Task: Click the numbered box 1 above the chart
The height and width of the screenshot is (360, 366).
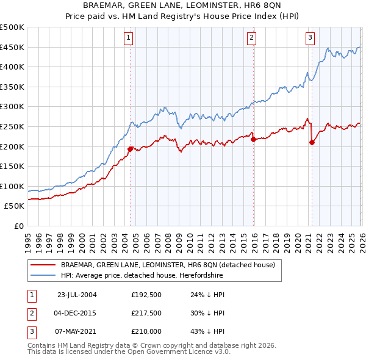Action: click(x=129, y=38)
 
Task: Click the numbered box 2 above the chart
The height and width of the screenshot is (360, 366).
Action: click(x=251, y=38)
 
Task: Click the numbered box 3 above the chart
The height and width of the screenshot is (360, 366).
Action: click(x=310, y=38)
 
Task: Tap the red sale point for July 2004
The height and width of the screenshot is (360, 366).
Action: click(x=130, y=148)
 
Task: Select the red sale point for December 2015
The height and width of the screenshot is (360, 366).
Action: click(x=253, y=139)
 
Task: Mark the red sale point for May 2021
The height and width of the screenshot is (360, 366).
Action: click(x=312, y=142)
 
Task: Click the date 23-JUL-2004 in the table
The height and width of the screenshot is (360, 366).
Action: click(x=77, y=295)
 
